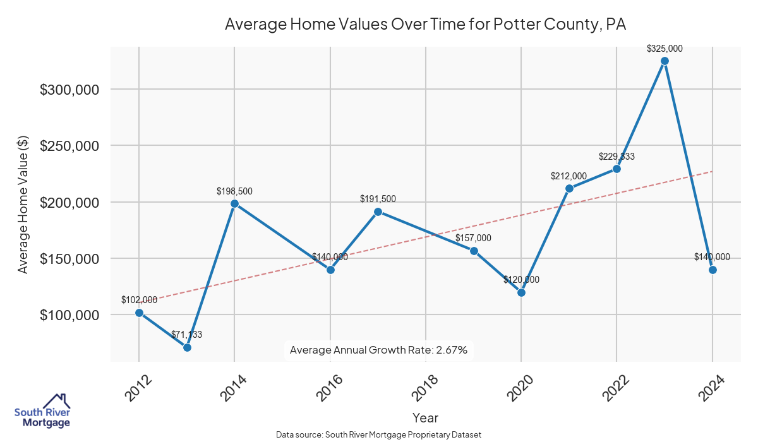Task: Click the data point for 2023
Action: (x=665, y=61)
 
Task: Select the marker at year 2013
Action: (x=187, y=347)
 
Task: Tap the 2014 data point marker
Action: (x=234, y=203)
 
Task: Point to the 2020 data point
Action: (x=521, y=292)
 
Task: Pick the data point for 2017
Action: (x=378, y=212)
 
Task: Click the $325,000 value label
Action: (x=665, y=48)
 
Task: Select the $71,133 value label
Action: (x=186, y=335)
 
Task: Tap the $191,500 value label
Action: (x=378, y=199)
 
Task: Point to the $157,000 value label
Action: (x=473, y=238)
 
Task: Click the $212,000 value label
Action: (x=568, y=176)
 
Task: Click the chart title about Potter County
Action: (x=424, y=25)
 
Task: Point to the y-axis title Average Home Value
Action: (x=23, y=204)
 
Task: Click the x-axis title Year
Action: (x=425, y=418)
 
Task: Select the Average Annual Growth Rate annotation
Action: (x=378, y=350)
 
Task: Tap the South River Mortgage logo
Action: (x=42, y=411)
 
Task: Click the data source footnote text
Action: (x=378, y=435)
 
